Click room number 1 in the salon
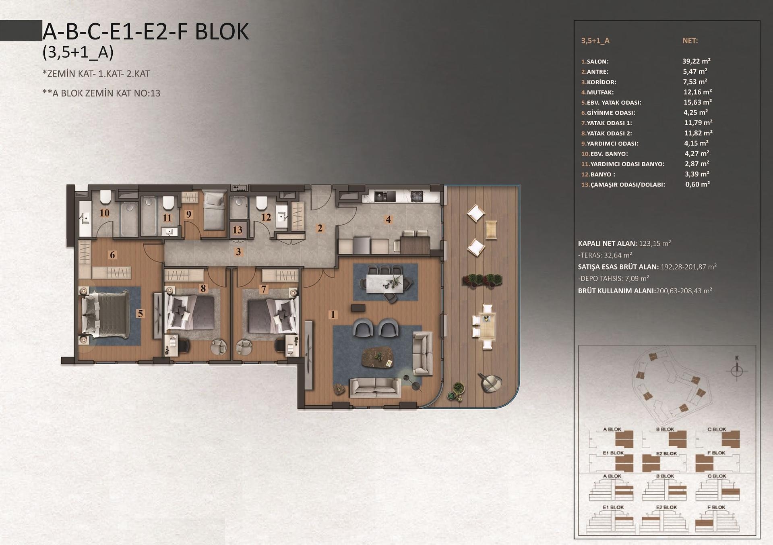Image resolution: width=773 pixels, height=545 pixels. pos(333,314)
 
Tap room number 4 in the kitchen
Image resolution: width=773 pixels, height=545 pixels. pos(388,219)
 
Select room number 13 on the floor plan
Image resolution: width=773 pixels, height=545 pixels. pos(238,230)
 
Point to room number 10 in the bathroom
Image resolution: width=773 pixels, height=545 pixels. pos(104,213)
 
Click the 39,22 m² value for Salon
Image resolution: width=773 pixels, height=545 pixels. pos(696,61)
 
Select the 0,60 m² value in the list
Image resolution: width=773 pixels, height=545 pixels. pos(697,184)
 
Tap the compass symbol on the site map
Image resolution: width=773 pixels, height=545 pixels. pos(737,370)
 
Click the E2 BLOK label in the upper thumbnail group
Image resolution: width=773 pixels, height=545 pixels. pos(666,454)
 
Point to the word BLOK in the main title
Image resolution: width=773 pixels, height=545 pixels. pos(222,32)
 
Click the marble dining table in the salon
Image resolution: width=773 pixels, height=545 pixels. pos(384,283)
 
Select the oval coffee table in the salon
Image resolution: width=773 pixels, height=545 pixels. pos(378,357)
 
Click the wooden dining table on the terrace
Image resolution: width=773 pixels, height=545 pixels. pos(487,326)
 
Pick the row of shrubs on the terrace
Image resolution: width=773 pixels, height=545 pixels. pos(482,280)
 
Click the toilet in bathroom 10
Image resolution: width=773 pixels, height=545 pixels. pos(105,197)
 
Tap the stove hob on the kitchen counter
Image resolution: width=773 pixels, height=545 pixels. pos(417,196)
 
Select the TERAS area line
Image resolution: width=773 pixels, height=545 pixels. pos(605,255)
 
